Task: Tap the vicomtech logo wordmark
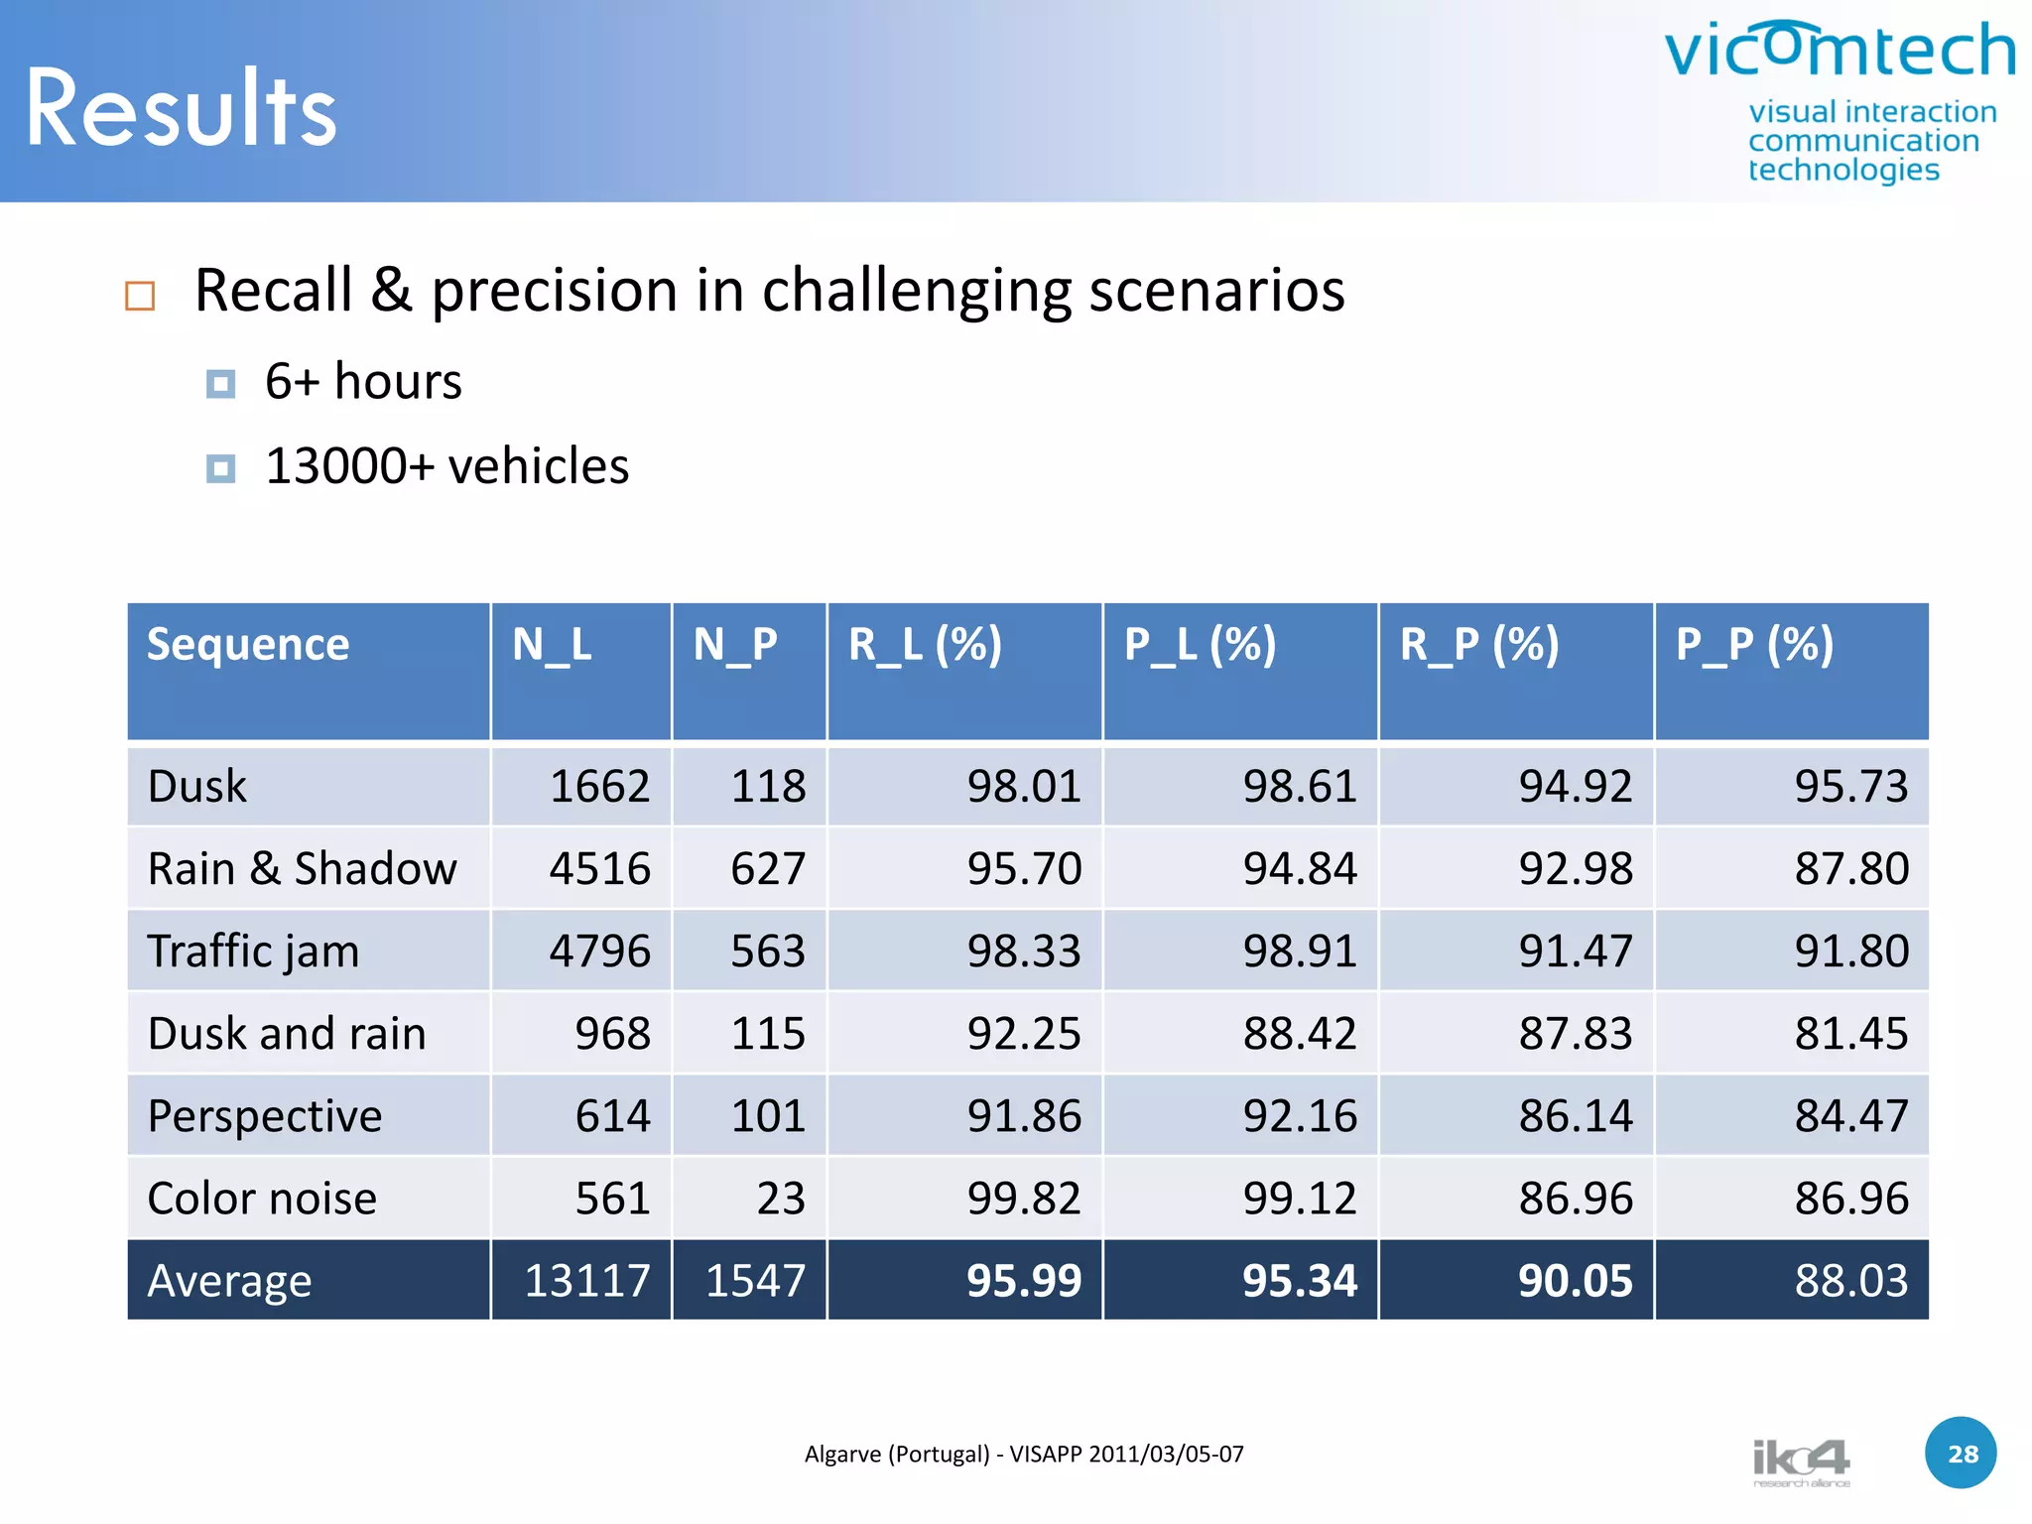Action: click(x=1840, y=52)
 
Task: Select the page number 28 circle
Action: click(x=1962, y=1454)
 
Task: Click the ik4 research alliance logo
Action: click(x=1801, y=1461)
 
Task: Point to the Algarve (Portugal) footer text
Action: click(x=1023, y=1455)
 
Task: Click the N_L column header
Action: click(x=552, y=645)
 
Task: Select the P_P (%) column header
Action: click(x=1754, y=645)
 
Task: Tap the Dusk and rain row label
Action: click(x=287, y=1034)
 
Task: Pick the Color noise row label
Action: click(x=262, y=1199)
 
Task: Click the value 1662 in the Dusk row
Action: click(x=599, y=787)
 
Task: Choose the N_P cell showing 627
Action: click(x=768, y=869)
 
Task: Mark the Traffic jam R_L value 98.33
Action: click(x=1024, y=952)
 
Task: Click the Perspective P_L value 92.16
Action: click(x=1300, y=1116)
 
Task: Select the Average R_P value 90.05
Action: click(x=1576, y=1281)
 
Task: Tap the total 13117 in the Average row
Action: click(x=587, y=1281)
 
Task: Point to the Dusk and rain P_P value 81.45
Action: click(x=1851, y=1034)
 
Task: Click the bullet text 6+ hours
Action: click(x=363, y=382)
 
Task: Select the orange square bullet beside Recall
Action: click(x=140, y=296)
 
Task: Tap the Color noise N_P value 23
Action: click(x=781, y=1199)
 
